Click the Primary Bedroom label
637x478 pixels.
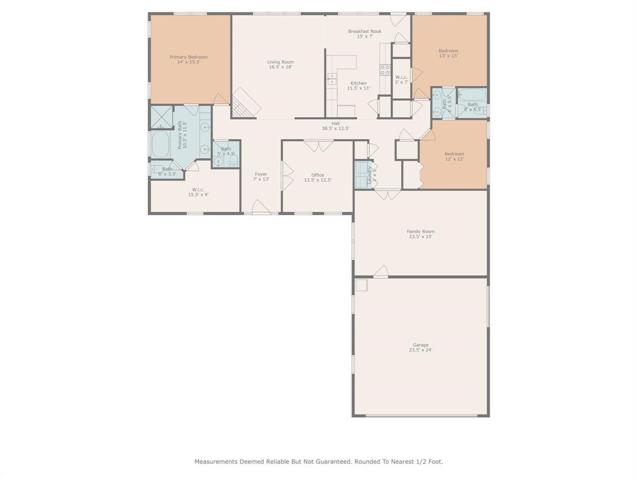click(x=188, y=57)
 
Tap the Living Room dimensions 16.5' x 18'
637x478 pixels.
click(x=281, y=67)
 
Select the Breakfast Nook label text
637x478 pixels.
click(x=365, y=31)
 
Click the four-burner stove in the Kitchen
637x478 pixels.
click(x=385, y=70)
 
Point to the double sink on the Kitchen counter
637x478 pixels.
click(x=332, y=79)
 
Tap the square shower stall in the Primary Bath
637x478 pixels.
click(x=161, y=117)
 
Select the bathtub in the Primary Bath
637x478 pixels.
click(x=161, y=144)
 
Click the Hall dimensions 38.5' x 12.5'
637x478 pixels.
click(x=335, y=129)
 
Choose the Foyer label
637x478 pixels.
click(x=261, y=174)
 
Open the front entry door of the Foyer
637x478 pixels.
click(x=261, y=209)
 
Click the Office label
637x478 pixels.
click(x=317, y=175)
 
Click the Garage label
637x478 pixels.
click(x=421, y=345)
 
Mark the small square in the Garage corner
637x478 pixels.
click(x=361, y=284)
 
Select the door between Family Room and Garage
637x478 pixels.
click(x=381, y=271)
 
